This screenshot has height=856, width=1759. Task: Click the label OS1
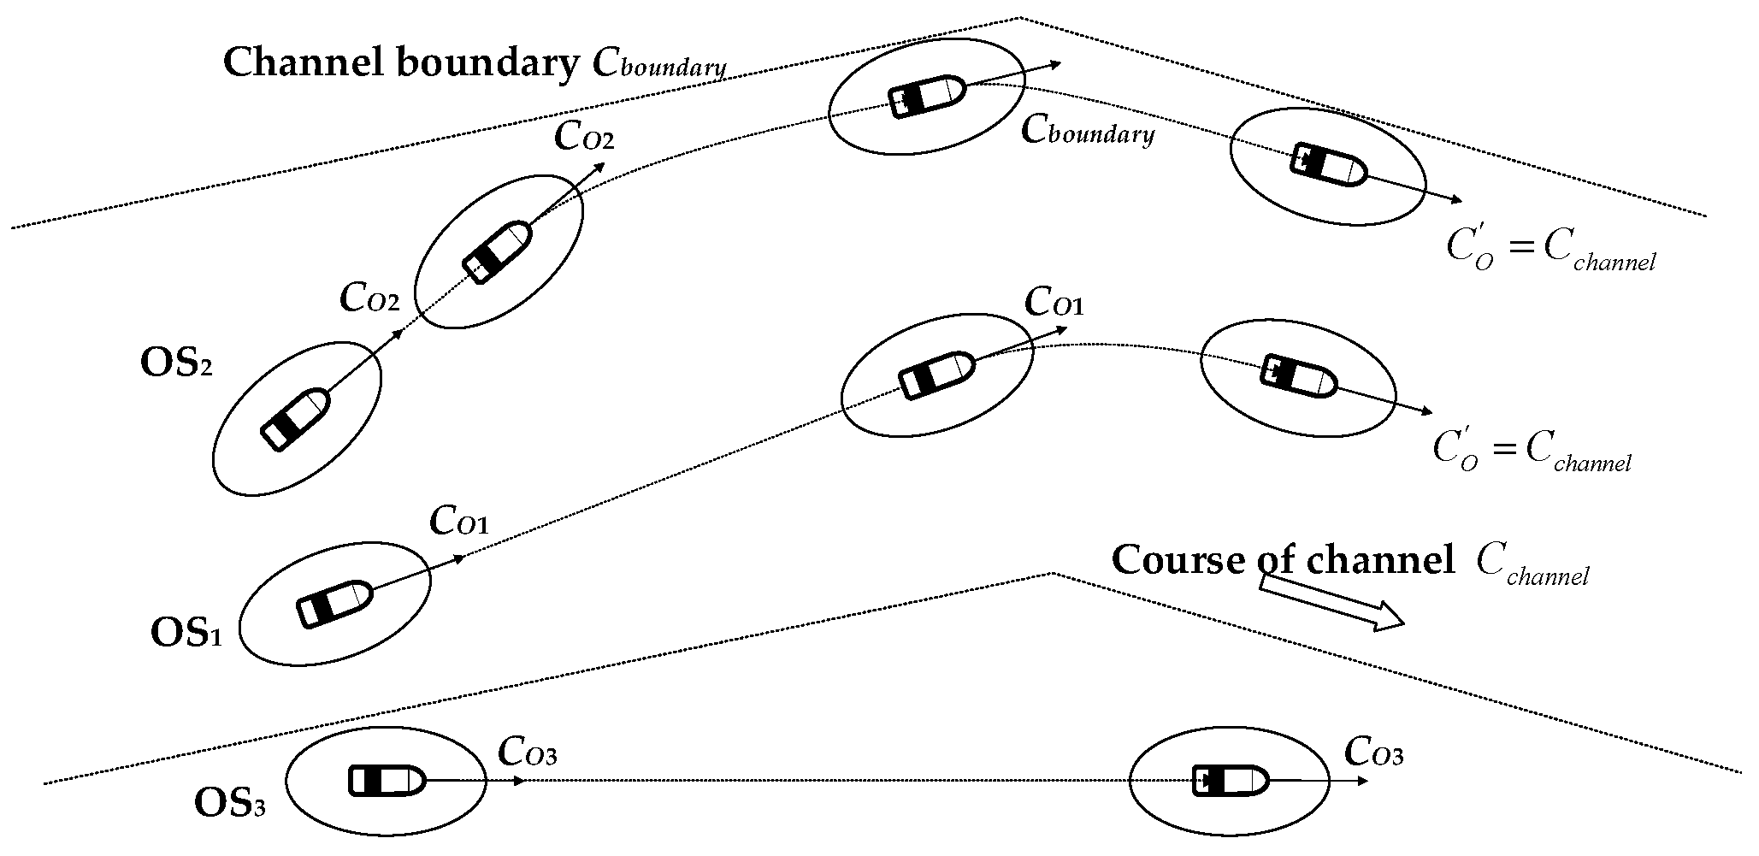(x=186, y=635)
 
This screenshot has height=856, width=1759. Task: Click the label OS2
(x=175, y=363)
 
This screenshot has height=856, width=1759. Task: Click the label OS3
(x=229, y=804)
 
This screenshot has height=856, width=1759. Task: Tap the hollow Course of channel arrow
(x=1332, y=603)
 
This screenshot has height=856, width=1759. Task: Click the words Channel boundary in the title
(x=400, y=63)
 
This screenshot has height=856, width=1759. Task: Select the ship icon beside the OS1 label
(x=334, y=603)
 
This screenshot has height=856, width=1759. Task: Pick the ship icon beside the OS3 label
(x=387, y=781)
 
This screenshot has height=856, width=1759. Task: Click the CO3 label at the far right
(x=1373, y=753)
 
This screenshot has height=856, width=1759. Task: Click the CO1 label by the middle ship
(x=1054, y=303)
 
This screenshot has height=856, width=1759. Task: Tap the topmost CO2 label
(x=584, y=137)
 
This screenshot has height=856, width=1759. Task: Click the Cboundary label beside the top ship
(x=1088, y=131)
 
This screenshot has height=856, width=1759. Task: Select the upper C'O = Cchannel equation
(x=1550, y=249)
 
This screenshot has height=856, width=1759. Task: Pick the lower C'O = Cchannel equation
(x=1531, y=450)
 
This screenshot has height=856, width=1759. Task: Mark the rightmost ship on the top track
(x=1327, y=166)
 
